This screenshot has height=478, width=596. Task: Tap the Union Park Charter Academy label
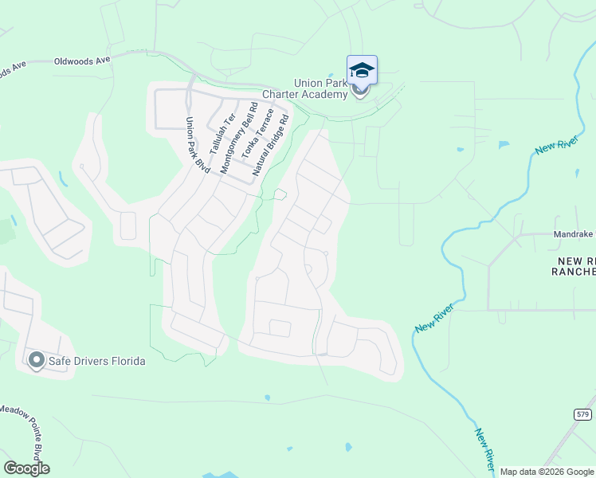tap(321, 88)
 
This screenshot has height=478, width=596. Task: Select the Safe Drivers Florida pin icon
tap(36, 361)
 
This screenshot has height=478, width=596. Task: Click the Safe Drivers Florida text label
tap(97, 361)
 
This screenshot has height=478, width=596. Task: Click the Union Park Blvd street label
tap(197, 145)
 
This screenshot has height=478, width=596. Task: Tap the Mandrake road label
tap(574, 235)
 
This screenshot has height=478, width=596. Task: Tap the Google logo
tap(26, 468)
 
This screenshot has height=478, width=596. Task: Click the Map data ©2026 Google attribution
tap(546, 472)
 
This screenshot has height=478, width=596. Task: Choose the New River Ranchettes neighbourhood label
tap(573, 266)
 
